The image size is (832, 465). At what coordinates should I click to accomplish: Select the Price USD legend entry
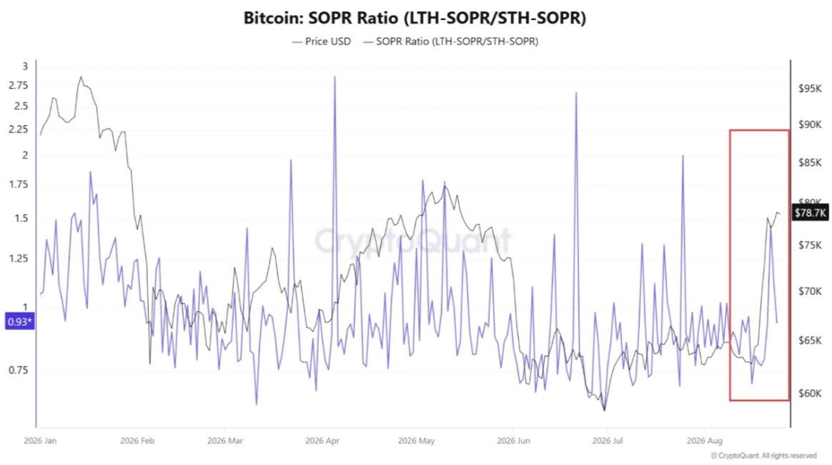tap(322, 41)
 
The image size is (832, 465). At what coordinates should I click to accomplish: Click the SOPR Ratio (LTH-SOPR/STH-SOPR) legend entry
tap(450, 41)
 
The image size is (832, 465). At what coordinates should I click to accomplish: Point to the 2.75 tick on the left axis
tap(19, 85)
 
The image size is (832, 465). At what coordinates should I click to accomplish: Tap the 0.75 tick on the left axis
tap(19, 370)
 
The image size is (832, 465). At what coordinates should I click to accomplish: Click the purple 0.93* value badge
tap(19, 322)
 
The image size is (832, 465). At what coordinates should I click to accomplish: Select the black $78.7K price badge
tap(811, 213)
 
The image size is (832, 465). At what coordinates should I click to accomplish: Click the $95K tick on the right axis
tap(810, 88)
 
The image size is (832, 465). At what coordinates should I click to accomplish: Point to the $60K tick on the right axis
tap(810, 393)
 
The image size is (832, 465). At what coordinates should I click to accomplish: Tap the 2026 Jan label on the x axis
tap(40, 441)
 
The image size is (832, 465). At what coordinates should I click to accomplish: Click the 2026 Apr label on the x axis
tap(322, 441)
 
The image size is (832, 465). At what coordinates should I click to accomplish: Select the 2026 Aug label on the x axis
tap(704, 441)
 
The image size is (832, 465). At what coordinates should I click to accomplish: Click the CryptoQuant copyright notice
tap(763, 456)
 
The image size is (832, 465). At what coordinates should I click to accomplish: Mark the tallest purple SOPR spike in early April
tap(335, 77)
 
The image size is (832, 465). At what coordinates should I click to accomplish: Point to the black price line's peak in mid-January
tap(81, 77)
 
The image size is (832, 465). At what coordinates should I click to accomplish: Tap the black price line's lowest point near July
tap(605, 410)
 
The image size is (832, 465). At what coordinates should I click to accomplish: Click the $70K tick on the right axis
tap(810, 291)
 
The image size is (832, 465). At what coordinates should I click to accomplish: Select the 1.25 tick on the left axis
tap(19, 258)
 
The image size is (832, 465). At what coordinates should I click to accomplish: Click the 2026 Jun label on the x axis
tap(513, 441)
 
